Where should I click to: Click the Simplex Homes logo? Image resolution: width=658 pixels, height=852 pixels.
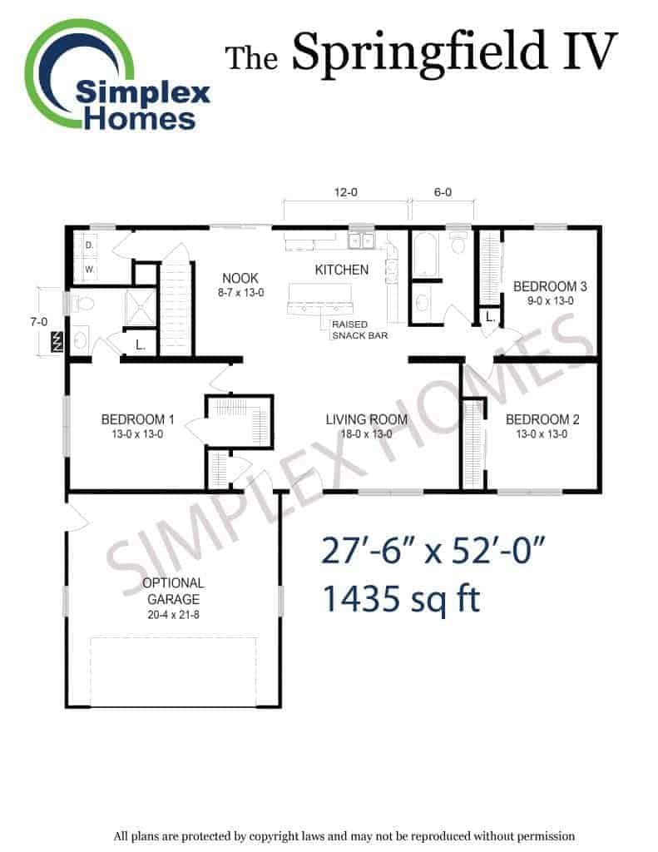[116, 76]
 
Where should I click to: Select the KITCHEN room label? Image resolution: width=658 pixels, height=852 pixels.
[342, 270]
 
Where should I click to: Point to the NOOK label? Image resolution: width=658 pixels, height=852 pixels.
[240, 278]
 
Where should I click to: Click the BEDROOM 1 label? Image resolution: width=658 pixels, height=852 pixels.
[137, 419]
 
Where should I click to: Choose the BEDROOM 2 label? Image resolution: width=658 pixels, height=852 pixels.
[542, 419]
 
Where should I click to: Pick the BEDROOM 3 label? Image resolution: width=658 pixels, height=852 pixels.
[550, 286]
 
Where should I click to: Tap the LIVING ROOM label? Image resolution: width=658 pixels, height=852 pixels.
[367, 419]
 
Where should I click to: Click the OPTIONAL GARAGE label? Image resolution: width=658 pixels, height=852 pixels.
[173, 592]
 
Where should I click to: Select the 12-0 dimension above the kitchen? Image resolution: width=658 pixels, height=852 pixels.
[345, 192]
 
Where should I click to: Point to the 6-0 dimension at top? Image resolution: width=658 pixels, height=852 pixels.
[443, 192]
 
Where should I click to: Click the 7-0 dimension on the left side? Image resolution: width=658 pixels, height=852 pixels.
[38, 322]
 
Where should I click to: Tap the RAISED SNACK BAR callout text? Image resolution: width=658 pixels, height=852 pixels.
[359, 329]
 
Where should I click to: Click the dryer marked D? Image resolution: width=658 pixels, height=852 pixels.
[89, 245]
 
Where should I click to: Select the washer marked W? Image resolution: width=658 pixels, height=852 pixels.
[89, 269]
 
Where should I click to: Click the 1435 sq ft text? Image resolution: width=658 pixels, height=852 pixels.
[402, 598]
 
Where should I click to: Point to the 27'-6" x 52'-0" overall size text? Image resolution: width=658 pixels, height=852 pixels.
[433, 551]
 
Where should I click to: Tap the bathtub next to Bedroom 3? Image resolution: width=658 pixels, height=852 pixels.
[423, 255]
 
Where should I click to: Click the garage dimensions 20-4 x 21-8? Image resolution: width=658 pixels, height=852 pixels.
[173, 615]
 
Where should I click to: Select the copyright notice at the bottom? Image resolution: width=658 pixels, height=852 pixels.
[344, 836]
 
